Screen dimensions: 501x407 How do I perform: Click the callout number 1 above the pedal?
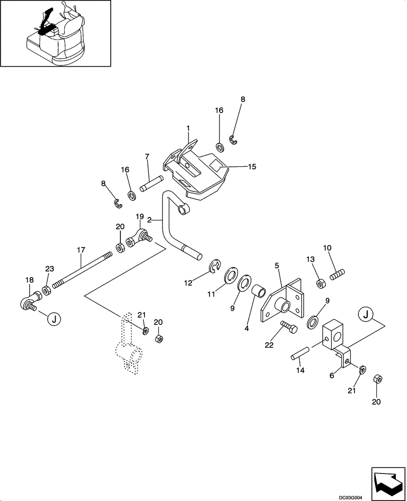tap(188, 129)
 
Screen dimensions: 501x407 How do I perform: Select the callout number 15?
tap(252, 166)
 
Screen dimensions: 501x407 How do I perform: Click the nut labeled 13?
tap(319, 284)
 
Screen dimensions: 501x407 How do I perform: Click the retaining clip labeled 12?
tap(216, 267)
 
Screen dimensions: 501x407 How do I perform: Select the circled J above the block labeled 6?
tap(367, 315)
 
